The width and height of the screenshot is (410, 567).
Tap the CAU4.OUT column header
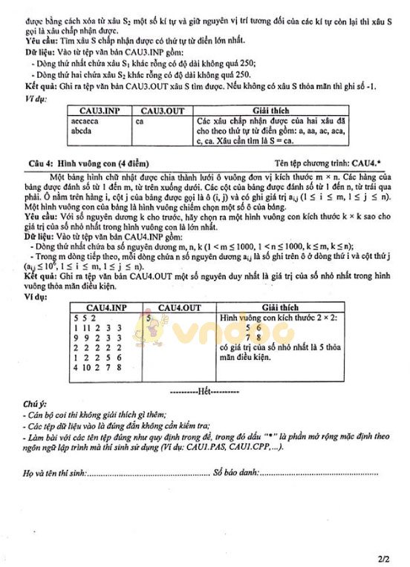click(x=179, y=307)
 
